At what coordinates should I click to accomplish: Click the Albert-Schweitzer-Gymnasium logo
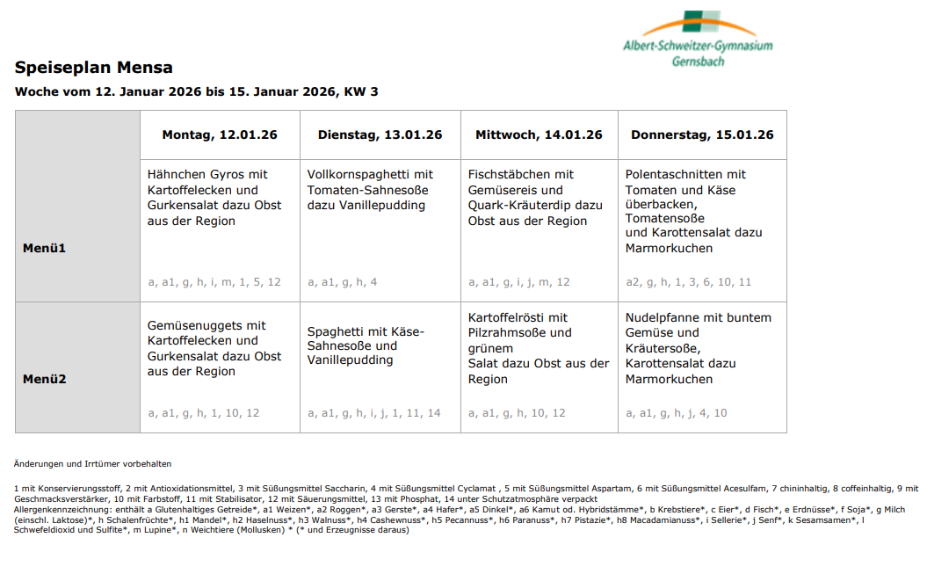(697, 40)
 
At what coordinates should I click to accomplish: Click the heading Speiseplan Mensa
(93, 68)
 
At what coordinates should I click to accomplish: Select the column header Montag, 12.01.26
(219, 134)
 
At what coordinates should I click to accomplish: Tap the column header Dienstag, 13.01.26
(380, 134)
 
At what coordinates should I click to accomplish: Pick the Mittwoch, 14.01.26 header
(539, 134)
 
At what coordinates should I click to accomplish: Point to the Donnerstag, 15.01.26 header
(702, 134)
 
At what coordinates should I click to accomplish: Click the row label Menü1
(44, 248)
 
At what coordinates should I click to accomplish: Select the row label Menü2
(44, 380)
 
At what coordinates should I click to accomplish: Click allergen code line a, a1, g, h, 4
(343, 282)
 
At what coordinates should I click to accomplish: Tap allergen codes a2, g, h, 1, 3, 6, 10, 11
(688, 282)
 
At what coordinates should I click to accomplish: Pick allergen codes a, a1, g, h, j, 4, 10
(676, 413)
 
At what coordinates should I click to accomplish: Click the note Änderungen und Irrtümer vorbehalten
(92, 463)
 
